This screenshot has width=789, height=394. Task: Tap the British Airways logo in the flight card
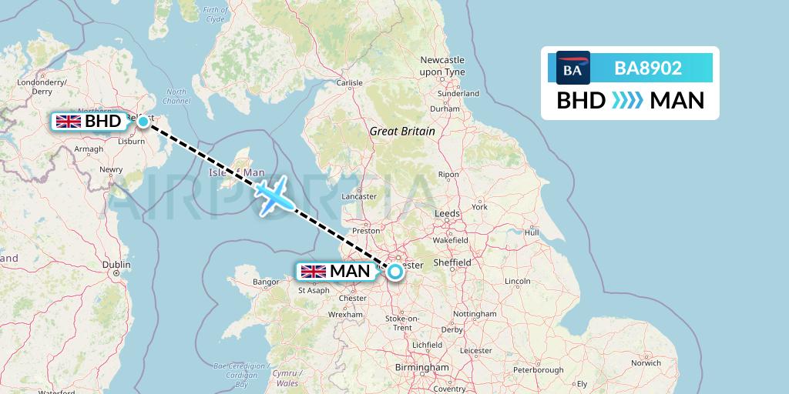(x=572, y=68)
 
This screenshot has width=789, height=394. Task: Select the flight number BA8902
(x=647, y=68)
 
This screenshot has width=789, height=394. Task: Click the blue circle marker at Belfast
(x=143, y=121)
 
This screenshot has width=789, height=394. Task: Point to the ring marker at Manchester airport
(x=395, y=271)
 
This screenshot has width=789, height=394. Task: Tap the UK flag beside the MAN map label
(x=314, y=271)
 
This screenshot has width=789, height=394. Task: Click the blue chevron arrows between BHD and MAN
(x=627, y=101)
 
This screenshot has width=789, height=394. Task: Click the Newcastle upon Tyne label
(x=442, y=65)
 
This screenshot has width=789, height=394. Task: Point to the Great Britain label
(x=402, y=132)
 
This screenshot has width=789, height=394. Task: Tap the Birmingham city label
(x=421, y=368)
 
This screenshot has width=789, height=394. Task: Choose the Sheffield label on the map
(x=451, y=262)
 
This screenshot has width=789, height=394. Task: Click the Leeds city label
(x=447, y=213)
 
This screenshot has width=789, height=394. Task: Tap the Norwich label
(x=645, y=362)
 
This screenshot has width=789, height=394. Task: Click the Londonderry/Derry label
(x=44, y=86)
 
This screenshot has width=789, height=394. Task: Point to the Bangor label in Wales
(x=266, y=282)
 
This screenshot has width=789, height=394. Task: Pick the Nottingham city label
(x=475, y=314)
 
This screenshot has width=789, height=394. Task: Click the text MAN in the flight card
(x=677, y=101)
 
